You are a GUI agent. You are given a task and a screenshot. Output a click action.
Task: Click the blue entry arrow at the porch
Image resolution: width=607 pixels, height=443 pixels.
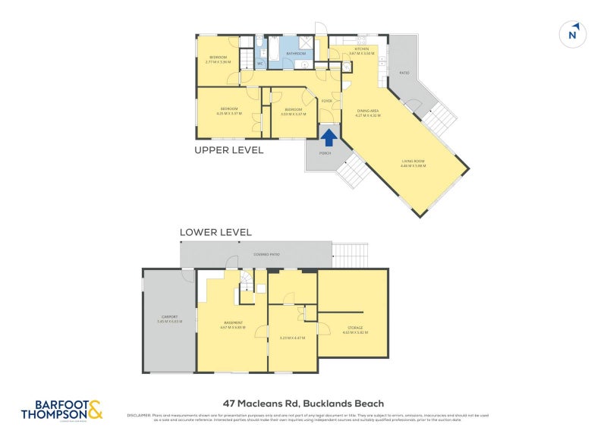[x=329, y=137]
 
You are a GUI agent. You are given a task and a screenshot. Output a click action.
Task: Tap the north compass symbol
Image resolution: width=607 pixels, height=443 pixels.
[x=574, y=34]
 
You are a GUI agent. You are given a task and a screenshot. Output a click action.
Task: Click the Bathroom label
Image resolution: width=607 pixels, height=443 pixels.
[x=296, y=54]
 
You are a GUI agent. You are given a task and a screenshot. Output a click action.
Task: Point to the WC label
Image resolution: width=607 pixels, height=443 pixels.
[x=260, y=64]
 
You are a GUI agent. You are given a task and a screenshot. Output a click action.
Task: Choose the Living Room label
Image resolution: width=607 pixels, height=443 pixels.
[x=414, y=162]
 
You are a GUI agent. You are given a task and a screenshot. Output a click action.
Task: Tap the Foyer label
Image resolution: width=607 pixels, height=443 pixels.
[x=326, y=100]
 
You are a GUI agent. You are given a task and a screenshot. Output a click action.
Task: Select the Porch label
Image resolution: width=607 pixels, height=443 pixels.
[x=326, y=153]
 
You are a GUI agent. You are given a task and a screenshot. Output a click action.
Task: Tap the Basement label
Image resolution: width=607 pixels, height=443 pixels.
[x=233, y=324]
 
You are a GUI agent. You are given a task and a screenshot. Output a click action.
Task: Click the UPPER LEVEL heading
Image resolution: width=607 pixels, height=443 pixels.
[x=229, y=150]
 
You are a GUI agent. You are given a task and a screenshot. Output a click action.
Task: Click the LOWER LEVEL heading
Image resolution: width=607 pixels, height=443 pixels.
[x=215, y=232]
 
